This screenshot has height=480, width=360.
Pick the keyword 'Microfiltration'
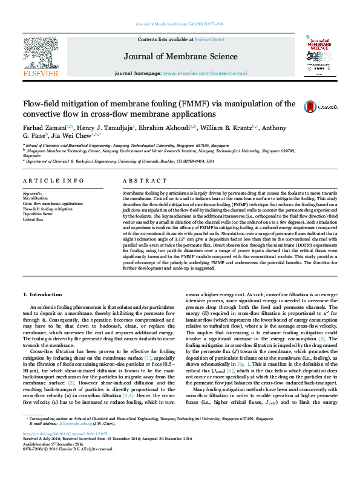35,198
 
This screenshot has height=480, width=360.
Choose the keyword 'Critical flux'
33,219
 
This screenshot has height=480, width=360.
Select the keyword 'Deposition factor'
38,214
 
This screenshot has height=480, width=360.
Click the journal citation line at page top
180,24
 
